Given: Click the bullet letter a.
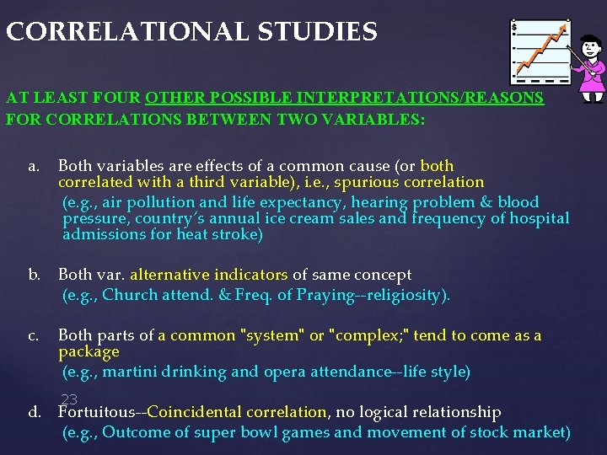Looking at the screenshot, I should coord(33,166).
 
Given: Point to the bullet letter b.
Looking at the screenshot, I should coord(34,275).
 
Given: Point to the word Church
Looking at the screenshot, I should coord(129,295).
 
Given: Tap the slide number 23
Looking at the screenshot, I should coord(69,399).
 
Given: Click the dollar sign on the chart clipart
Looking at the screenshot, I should coord(515,28).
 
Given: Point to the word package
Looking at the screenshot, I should coord(89,351).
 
